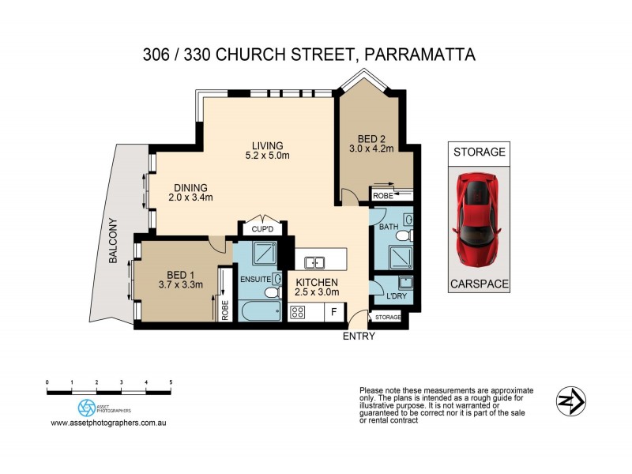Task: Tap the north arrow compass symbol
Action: coord(570,401)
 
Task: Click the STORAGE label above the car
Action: coord(478,152)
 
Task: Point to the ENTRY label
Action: coord(358,336)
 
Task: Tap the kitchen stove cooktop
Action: coord(299,312)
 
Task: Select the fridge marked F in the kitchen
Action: coord(333,312)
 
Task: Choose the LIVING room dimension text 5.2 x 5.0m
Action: coord(267,156)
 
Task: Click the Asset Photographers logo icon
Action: coord(86,408)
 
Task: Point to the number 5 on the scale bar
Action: coord(171,382)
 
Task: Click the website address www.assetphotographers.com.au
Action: coord(113,423)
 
